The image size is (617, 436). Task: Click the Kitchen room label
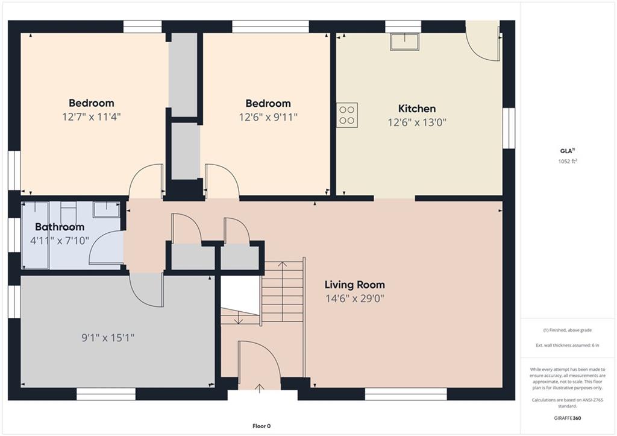coord(417,109)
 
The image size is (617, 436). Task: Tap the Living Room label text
coord(354,285)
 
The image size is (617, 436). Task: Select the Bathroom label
coord(60,227)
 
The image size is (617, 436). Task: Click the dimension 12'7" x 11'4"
coord(92,117)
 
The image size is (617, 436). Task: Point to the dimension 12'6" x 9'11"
coord(268,118)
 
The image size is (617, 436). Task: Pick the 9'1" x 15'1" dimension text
coord(108,338)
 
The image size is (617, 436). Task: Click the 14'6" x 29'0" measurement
coord(354,299)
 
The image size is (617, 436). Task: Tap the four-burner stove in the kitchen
coord(347,115)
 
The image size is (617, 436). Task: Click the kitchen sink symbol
coord(404,42)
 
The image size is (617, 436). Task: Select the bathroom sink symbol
coord(106,209)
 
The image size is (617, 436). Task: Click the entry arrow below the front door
coord(259,388)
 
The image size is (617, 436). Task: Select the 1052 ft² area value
coord(568,160)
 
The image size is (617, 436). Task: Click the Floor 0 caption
coord(262,426)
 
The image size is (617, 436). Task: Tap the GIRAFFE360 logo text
coord(568,418)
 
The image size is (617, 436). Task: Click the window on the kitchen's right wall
coord(509,128)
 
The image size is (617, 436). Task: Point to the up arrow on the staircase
coord(282,264)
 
